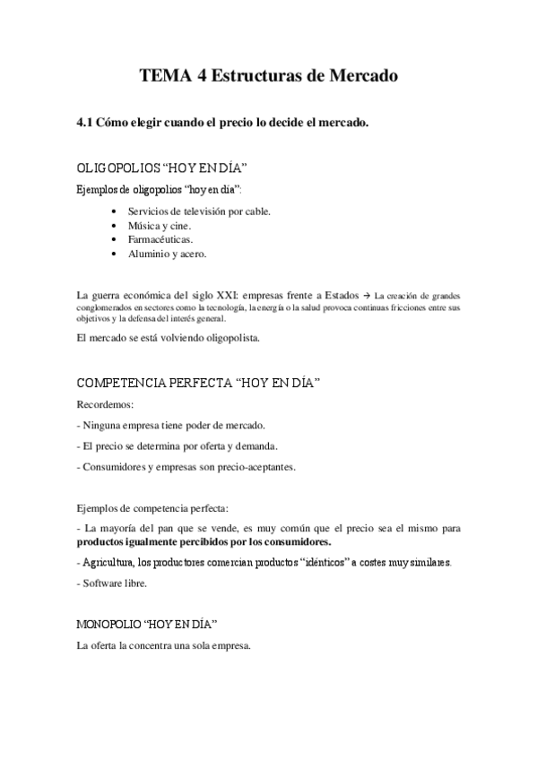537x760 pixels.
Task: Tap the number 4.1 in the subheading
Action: point(85,124)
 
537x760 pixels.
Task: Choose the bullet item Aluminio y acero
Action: point(168,254)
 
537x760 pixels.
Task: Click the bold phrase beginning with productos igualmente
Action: point(204,542)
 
